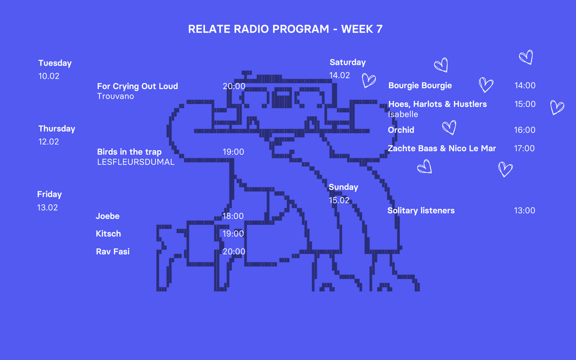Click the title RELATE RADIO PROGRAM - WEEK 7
(285, 29)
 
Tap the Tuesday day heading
(55, 63)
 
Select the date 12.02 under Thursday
(49, 142)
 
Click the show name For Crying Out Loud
(137, 86)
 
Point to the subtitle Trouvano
(116, 96)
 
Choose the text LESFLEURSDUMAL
(136, 162)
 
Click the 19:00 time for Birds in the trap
(233, 152)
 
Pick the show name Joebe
(108, 216)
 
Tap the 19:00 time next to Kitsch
(233, 234)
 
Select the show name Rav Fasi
(113, 252)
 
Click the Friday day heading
(50, 194)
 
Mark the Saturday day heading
(348, 62)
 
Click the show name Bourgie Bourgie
(420, 86)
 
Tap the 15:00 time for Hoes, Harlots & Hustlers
(525, 104)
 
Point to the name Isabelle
(403, 114)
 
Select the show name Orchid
(401, 130)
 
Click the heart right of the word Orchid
(449, 127)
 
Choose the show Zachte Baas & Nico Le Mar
(442, 148)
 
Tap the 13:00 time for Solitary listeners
(524, 211)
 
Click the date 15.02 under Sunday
(339, 200)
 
